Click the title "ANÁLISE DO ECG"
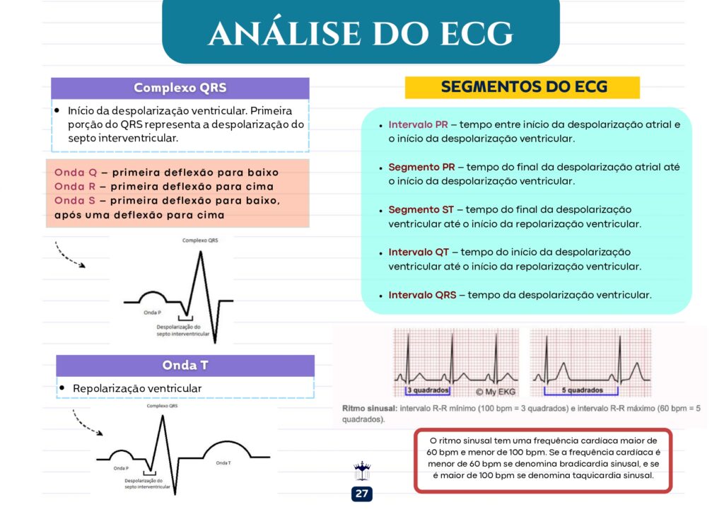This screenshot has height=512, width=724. pos(361,33)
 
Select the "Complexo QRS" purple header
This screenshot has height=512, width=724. pos(180,88)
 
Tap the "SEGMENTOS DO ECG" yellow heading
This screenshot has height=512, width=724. pos(522,87)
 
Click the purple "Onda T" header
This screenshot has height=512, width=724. pos(185,365)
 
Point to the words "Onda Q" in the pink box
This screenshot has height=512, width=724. pos(76,173)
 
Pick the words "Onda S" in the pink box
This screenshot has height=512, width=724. pos(75,200)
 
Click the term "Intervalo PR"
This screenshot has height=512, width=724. pos(418,124)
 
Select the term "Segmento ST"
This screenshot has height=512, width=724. pos(421,209)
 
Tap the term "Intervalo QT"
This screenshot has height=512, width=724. pos(419,252)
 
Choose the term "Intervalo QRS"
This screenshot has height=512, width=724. pos(422,295)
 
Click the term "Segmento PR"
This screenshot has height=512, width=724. pos(421,167)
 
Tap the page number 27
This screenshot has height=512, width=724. pos(361,494)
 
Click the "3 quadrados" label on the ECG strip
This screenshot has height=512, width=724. pos(428,390)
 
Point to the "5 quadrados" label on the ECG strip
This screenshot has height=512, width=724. pos(583,390)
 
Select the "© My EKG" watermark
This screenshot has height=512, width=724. pos(495,392)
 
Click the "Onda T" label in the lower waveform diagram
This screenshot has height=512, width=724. pos(223,462)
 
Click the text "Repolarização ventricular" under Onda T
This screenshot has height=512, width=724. pos(137,389)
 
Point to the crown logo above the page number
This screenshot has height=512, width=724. pos(362,471)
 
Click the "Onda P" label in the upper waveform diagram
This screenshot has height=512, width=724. pos(153,313)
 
